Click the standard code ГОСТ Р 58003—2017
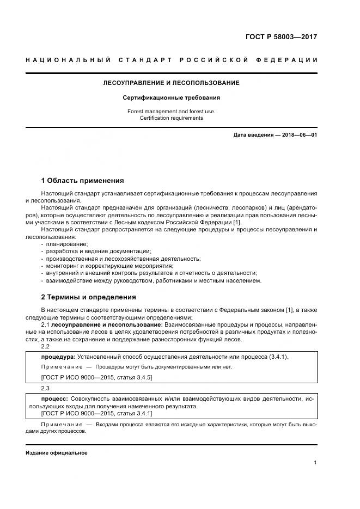tap(280, 38)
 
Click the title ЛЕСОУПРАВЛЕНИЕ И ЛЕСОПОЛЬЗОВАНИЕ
tap(172, 83)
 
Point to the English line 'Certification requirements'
tap(171, 118)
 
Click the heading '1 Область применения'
tap(83, 180)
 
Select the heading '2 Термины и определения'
tap(89, 297)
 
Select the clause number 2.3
tap(45, 389)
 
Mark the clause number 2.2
tap(45, 346)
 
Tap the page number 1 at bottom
tap(315, 463)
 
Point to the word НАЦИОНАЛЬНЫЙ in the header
tap(69, 59)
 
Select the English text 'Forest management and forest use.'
tap(171, 111)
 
